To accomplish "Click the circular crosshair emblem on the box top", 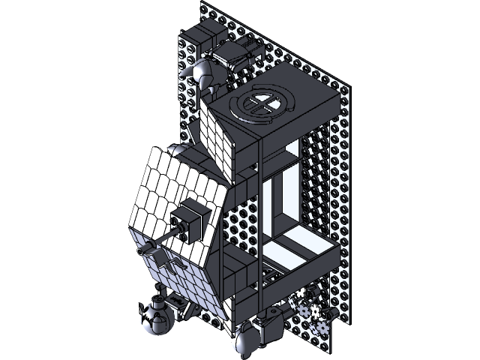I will tap(259, 104).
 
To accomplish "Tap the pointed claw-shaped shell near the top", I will tap(204, 74).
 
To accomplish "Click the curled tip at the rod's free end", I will tap(142, 251).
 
